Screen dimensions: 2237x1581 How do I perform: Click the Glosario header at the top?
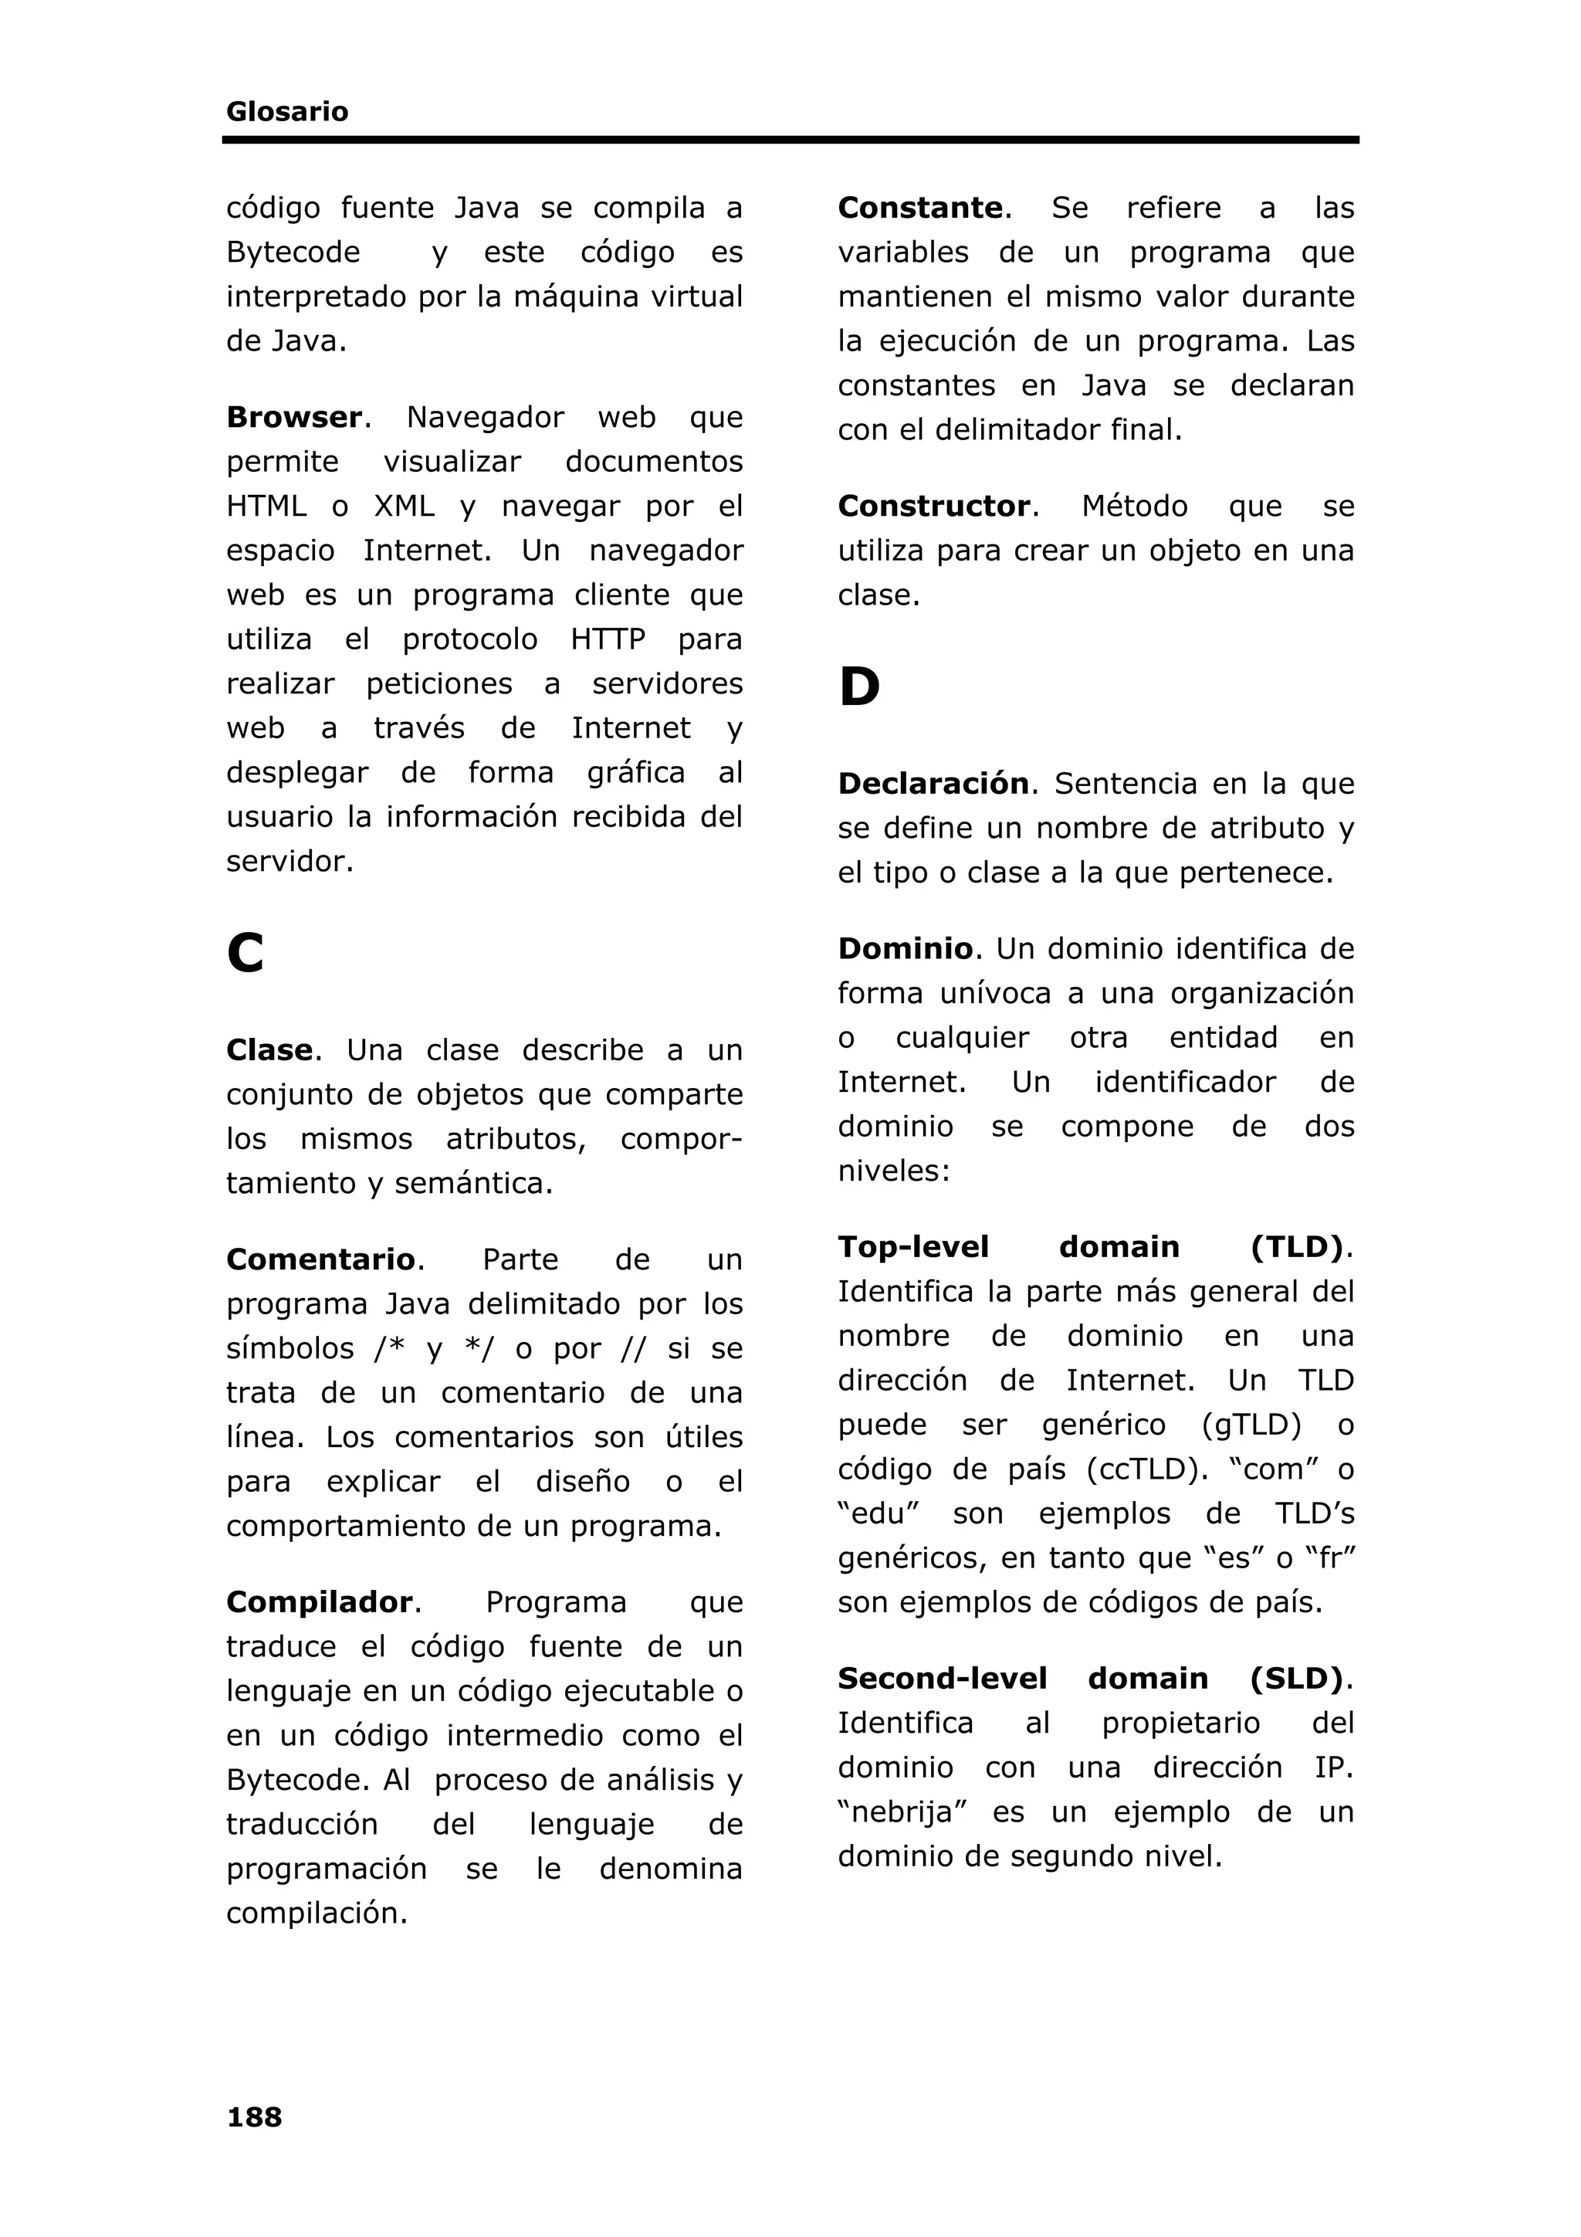pyautogui.click(x=286, y=112)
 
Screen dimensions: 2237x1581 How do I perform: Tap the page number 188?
pyautogui.click(x=254, y=2117)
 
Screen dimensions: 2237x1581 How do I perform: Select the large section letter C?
pyautogui.click(x=245, y=953)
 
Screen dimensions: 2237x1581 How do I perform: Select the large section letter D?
pyautogui.click(x=859, y=688)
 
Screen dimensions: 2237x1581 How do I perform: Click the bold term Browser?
pyautogui.click(x=294, y=417)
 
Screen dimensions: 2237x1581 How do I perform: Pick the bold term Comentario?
pyautogui.click(x=320, y=1259)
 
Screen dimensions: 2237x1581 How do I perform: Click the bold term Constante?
pyautogui.click(x=919, y=208)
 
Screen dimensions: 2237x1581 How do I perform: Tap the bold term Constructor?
pyautogui.click(x=933, y=507)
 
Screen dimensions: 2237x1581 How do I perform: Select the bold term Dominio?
pyautogui.click(x=905, y=949)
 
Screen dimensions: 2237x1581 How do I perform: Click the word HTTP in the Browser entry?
pyautogui.click(x=608, y=639)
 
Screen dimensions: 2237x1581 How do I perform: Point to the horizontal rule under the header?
pyautogui.click(x=790, y=141)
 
